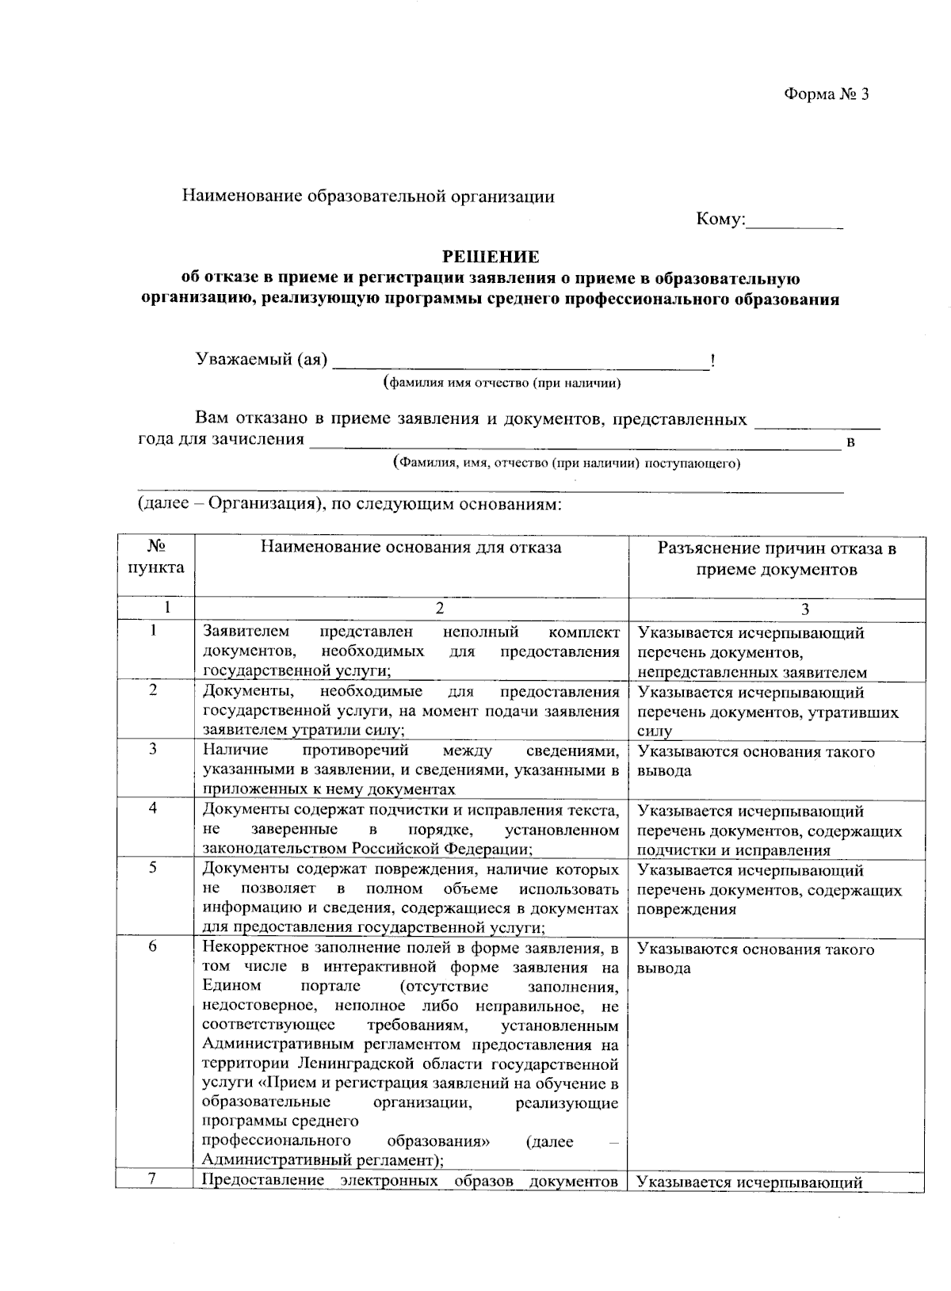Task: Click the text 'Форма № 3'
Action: point(827,94)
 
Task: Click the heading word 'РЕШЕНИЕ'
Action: point(490,257)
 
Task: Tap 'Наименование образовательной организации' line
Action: point(369,197)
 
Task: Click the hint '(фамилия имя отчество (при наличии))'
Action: point(501,384)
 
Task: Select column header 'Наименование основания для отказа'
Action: point(411,548)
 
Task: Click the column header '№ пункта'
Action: point(155,557)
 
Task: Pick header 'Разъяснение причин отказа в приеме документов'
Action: point(777,559)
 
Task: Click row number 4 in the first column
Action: point(154,808)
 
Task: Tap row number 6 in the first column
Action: point(154,948)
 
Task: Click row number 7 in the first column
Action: point(154,1178)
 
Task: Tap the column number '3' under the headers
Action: point(805,609)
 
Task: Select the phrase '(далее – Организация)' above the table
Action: point(228,504)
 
